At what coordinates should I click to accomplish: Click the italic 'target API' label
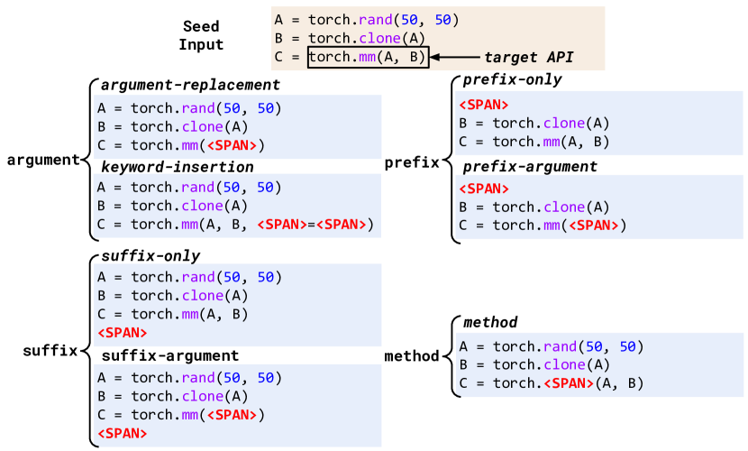tap(528, 58)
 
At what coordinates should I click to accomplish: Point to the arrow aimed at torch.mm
tap(454, 58)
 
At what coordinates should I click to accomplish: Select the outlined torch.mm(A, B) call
tap(368, 58)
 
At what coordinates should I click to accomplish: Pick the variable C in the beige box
tap(278, 58)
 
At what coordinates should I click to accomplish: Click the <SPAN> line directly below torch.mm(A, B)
tap(122, 333)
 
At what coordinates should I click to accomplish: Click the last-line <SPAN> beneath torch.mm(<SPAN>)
tap(122, 434)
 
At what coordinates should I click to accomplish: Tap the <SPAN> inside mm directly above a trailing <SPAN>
tap(232, 415)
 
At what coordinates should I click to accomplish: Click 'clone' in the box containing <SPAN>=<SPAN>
tap(202, 206)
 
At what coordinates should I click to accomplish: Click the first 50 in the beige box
tap(410, 20)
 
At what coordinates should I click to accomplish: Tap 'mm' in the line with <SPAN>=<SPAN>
tap(189, 225)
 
